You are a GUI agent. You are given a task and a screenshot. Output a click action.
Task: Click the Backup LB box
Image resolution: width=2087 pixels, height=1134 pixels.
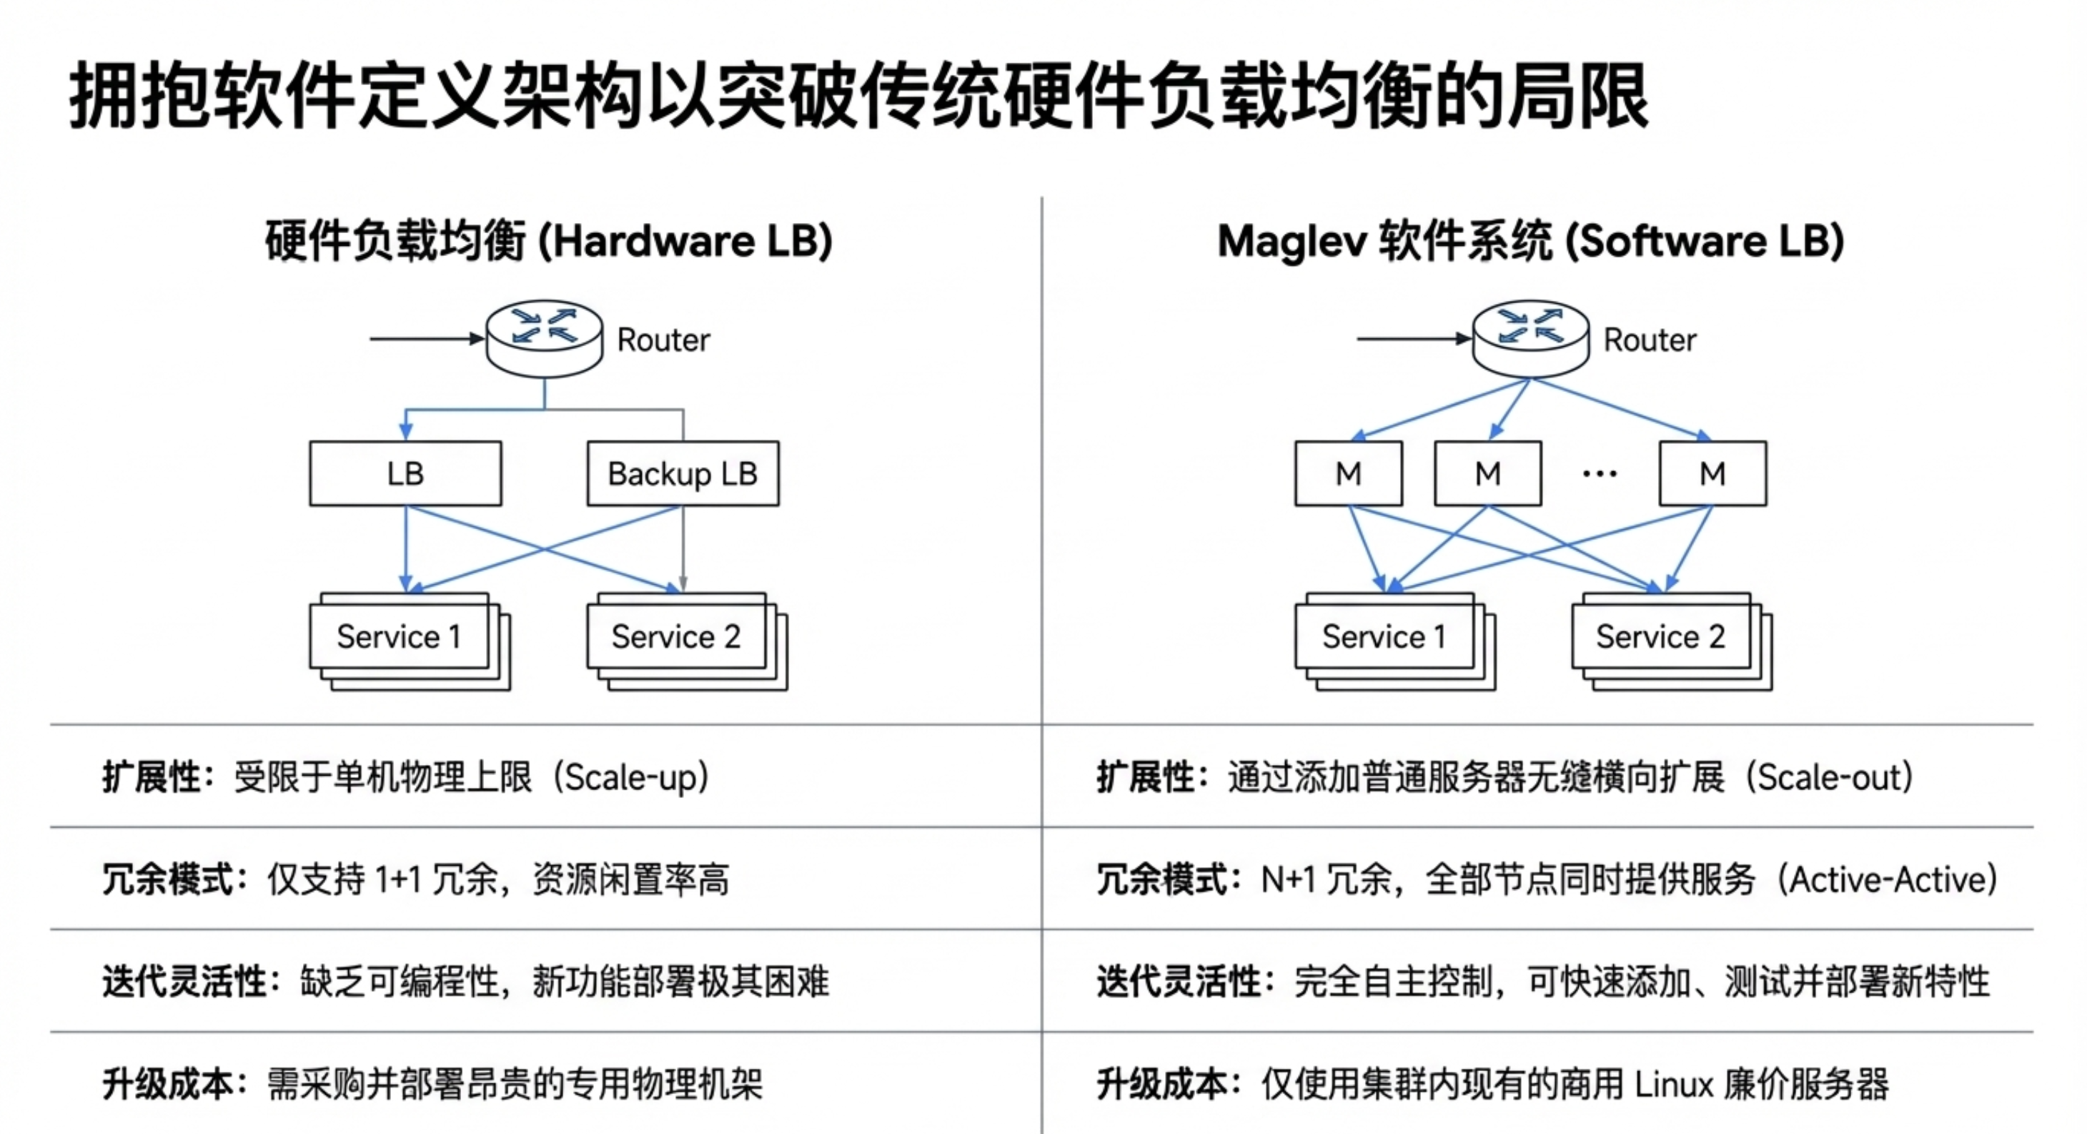pyautogui.click(x=683, y=473)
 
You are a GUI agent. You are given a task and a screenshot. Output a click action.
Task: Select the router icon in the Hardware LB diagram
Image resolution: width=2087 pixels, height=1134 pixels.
pyautogui.click(x=545, y=338)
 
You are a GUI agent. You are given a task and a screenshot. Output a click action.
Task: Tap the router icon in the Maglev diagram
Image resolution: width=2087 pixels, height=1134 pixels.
pyautogui.click(x=1530, y=338)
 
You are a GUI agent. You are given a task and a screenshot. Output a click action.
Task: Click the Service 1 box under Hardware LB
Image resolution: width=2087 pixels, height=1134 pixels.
pyautogui.click(x=400, y=636)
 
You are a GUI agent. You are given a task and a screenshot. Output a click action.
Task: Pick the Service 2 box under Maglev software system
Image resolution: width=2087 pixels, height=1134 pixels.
pyautogui.click(x=1661, y=636)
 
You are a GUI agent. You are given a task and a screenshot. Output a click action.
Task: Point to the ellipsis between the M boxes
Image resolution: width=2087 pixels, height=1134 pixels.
pyautogui.click(x=1600, y=473)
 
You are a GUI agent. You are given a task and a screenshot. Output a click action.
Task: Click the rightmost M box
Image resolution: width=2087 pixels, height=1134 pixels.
pyautogui.click(x=1712, y=473)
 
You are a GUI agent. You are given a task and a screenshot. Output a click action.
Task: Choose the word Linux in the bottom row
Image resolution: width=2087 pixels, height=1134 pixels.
pyautogui.click(x=1674, y=1085)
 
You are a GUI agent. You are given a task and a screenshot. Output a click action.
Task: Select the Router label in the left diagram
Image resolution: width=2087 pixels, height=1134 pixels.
pyautogui.click(x=663, y=340)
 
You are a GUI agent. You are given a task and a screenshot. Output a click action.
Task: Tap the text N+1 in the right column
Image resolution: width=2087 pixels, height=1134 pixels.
pyautogui.click(x=1288, y=879)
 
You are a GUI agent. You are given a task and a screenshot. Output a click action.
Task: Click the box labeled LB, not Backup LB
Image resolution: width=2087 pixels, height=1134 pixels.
pyautogui.click(x=405, y=473)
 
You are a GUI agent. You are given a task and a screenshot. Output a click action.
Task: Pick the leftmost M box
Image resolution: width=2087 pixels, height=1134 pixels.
pyautogui.click(x=1348, y=473)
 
